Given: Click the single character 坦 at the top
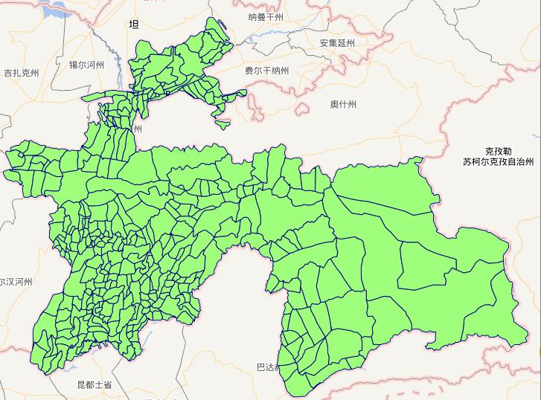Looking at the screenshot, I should coord(134,25).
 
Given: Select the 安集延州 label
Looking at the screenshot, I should coord(337,43).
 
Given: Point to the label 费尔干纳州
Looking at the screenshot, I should coord(266,71).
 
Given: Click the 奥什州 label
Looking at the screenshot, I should coord(343,105).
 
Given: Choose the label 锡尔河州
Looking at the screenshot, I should coord(86,65).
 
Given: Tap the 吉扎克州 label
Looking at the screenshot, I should coord(21,73).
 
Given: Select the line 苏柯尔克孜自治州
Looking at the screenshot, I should coord(498,161).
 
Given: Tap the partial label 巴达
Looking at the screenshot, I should coord(265,367).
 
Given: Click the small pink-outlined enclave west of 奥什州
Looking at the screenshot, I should coord(301,109).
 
